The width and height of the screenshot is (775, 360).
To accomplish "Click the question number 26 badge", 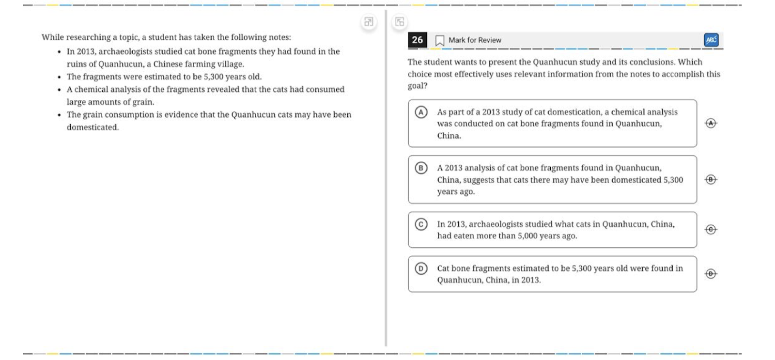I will point(417,40).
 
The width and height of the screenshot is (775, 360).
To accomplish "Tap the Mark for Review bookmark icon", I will point(439,40).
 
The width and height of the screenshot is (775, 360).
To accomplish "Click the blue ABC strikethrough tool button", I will point(711,40).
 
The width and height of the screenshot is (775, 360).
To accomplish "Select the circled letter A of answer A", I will point(421,112).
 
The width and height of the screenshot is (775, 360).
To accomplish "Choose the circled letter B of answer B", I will point(421,168).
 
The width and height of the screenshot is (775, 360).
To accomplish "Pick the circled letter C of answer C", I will point(421,224).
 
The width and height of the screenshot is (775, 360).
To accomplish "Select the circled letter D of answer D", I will point(421,268).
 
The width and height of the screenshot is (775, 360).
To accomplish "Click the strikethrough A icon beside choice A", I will point(711,123).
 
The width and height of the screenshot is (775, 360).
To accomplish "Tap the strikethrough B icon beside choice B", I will point(711,179).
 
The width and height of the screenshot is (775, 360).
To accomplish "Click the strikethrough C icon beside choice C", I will point(711,229).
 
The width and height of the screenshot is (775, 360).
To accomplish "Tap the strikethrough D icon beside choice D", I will point(711,274).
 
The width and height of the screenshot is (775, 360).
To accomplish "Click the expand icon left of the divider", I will point(369,22).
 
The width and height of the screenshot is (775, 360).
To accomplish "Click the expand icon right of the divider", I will point(400,22).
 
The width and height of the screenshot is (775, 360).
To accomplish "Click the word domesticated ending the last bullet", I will point(92,127).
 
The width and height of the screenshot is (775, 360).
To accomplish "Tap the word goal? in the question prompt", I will point(417,86).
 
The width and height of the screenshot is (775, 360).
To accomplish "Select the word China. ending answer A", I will point(449,136).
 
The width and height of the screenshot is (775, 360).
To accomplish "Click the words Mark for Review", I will point(475,40).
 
